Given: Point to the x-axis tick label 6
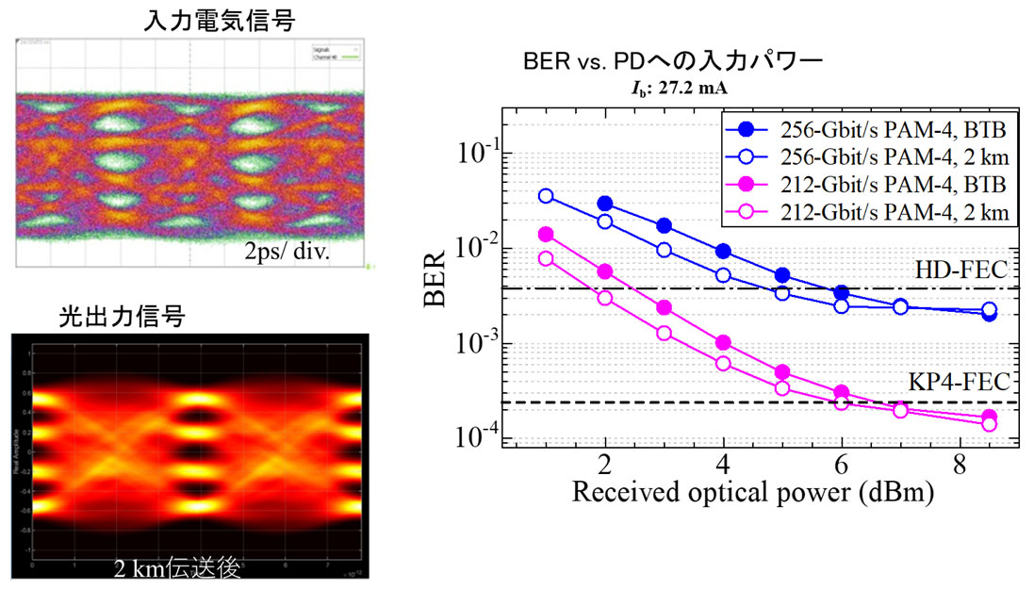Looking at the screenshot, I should (841, 465).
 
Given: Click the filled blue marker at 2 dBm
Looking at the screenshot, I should (605, 204).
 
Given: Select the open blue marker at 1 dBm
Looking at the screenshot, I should (546, 196).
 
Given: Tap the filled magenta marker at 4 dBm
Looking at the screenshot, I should (723, 343).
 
